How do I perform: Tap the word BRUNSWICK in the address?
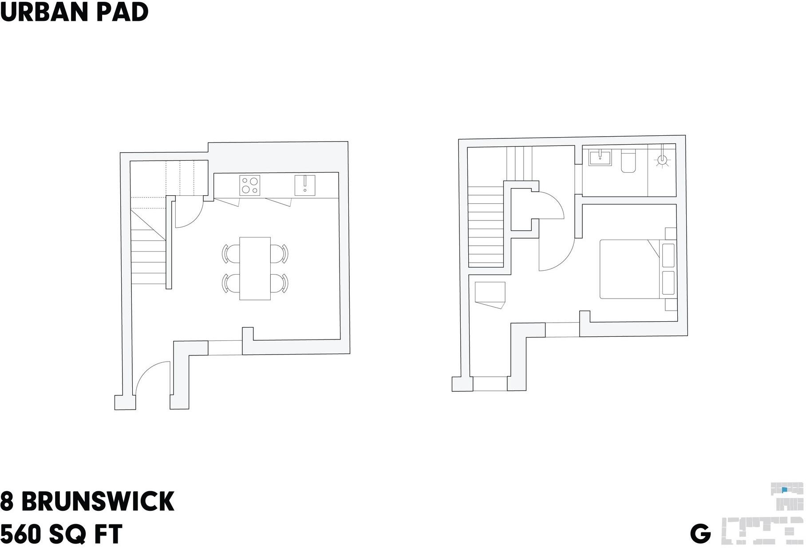[x=98, y=501]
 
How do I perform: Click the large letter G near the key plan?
[x=700, y=534]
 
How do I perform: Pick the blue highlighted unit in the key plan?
[x=784, y=490]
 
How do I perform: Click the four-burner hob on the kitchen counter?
[x=250, y=185]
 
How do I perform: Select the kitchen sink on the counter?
[x=305, y=185]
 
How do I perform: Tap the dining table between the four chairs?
[x=255, y=268]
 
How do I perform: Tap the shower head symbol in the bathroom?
[x=662, y=160]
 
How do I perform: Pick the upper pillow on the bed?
[x=668, y=255]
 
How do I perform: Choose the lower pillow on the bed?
[x=668, y=283]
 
